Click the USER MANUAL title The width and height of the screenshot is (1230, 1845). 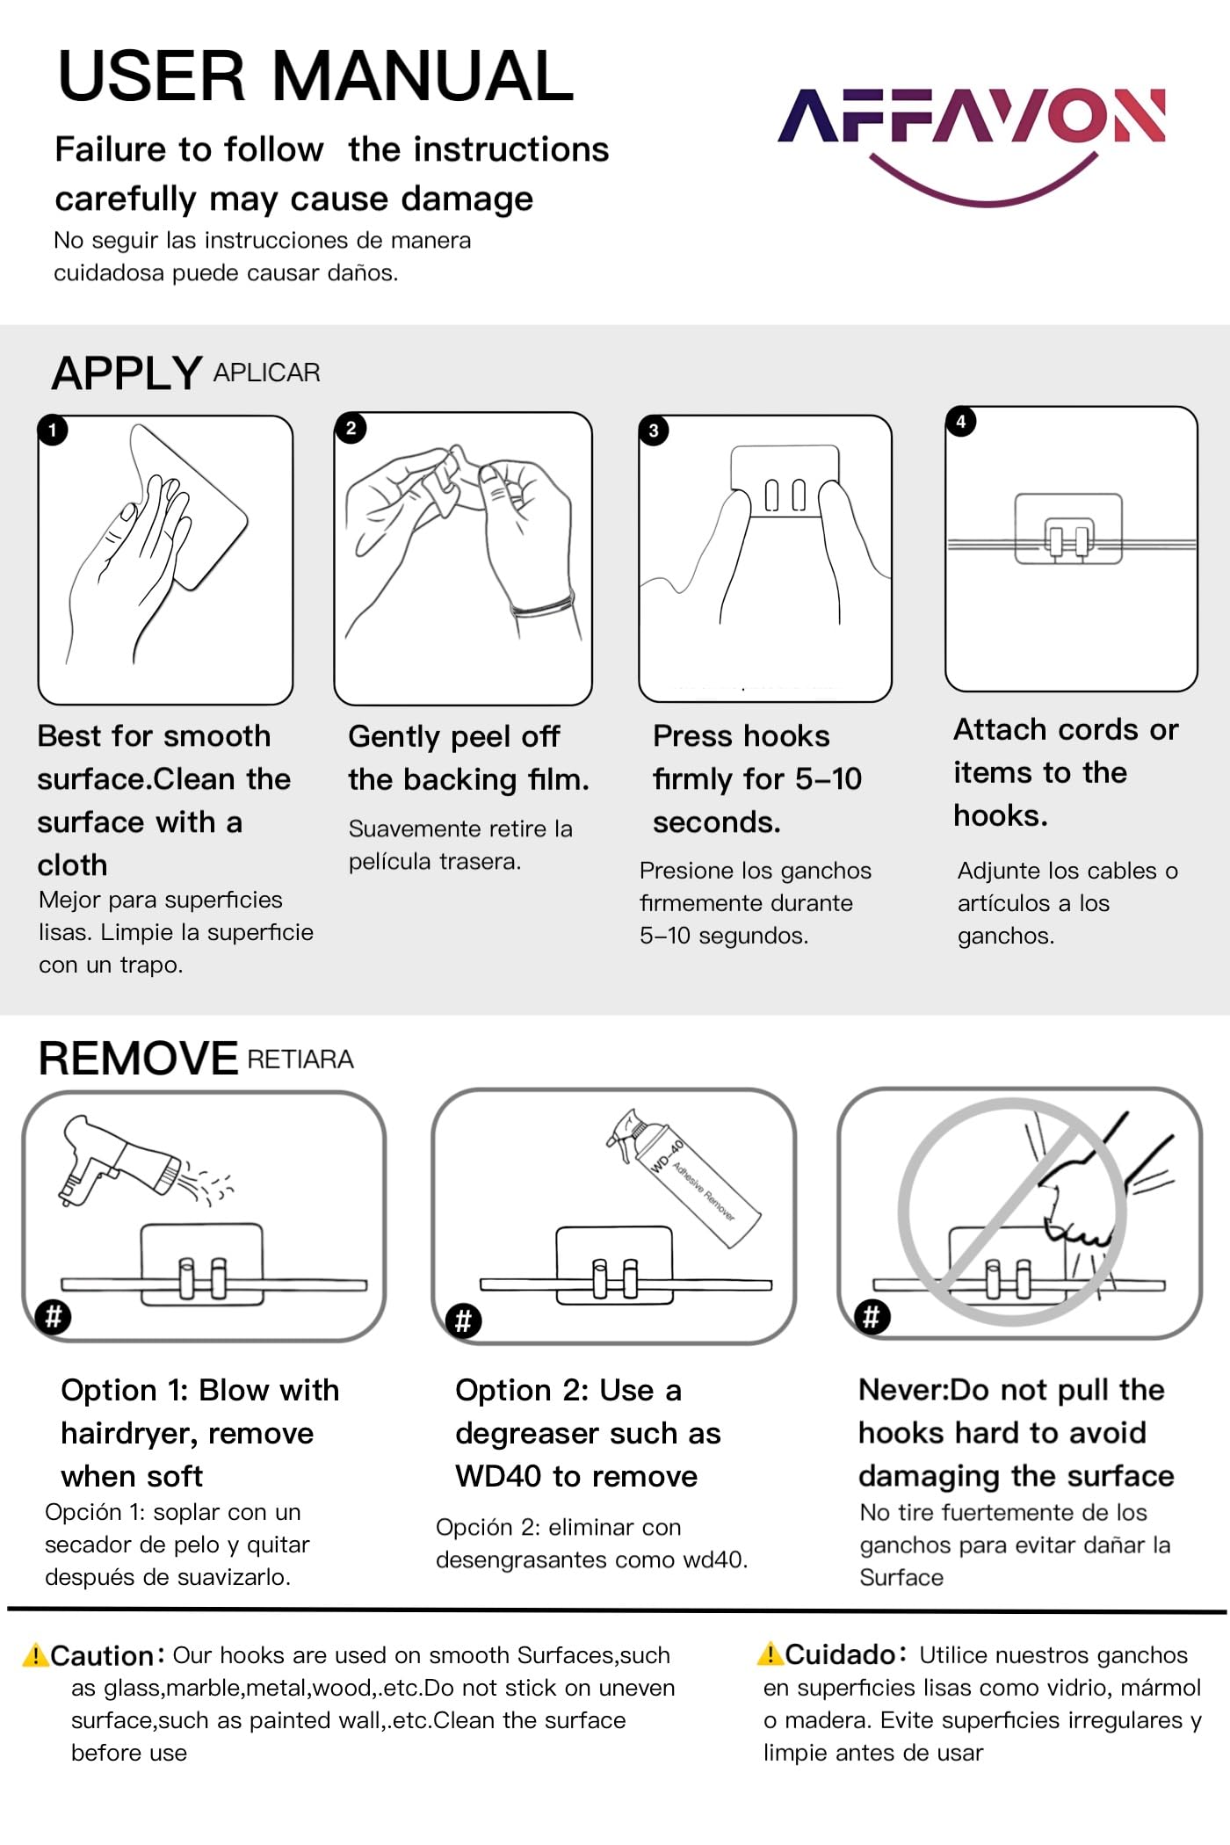[315, 76]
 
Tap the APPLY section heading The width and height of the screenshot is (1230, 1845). [127, 373]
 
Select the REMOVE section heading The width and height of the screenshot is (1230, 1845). [138, 1058]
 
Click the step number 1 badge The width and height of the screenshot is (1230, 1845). [53, 430]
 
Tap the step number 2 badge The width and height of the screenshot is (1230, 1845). [351, 428]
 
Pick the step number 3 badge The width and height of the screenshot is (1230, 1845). [653, 430]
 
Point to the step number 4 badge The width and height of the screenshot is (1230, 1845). [961, 421]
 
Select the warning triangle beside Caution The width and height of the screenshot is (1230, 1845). [34, 1655]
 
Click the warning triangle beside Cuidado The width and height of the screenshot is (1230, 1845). [770, 1653]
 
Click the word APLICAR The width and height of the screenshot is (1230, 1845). [266, 373]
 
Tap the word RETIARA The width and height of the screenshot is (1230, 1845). [300, 1060]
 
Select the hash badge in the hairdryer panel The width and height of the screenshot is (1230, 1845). [54, 1317]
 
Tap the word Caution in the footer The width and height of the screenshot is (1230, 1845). [102, 1656]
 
